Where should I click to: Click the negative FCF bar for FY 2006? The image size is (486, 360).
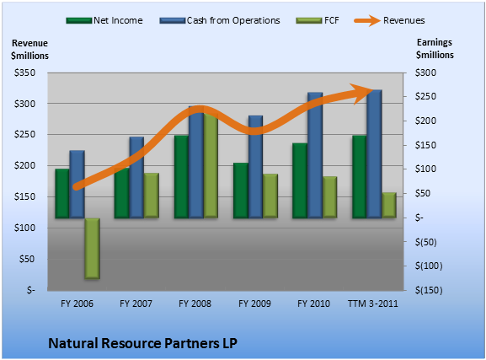(x=93, y=249)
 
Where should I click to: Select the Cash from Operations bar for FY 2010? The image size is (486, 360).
(x=315, y=155)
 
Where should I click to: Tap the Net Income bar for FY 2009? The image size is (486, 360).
(x=241, y=191)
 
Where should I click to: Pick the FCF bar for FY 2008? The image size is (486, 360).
(x=211, y=165)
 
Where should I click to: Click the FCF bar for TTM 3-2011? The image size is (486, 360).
(x=389, y=205)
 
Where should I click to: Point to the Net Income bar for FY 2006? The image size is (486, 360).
(x=62, y=194)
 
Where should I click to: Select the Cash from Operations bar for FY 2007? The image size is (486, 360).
(x=136, y=178)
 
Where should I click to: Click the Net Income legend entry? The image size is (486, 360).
(x=104, y=20)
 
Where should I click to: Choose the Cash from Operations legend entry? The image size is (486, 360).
(x=220, y=20)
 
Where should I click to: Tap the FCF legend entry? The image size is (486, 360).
(x=318, y=20)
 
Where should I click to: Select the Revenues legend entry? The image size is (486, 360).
(x=389, y=20)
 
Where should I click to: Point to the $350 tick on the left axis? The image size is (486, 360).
(x=24, y=73)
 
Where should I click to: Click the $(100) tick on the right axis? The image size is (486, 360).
(x=429, y=266)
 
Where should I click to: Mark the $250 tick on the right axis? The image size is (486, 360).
(x=425, y=96)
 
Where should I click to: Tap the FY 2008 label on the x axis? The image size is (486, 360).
(x=195, y=304)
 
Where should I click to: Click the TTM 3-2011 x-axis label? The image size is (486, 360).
(x=373, y=304)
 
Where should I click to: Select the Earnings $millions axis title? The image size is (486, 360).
(x=435, y=49)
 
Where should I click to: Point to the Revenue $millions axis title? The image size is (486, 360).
(x=29, y=50)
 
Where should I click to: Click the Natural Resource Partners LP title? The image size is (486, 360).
(x=142, y=343)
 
